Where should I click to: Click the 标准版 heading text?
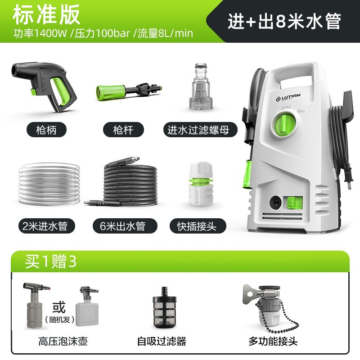click(x=46, y=14)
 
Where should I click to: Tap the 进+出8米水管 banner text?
click(x=284, y=21)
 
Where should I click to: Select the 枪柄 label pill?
click(x=46, y=130)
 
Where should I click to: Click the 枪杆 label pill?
click(x=123, y=130)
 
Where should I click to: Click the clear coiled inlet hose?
click(x=49, y=184)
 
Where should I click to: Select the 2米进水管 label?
click(x=47, y=226)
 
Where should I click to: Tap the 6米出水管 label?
click(x=125, y=226)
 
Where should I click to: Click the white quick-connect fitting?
click(x=201, y=183)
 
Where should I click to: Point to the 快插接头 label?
click(x=198, y=226)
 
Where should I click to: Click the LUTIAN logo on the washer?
click(x=288, y=97)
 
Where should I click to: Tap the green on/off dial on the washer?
click(x=284, y=126)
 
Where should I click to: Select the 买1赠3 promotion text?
click(x=50, y=261)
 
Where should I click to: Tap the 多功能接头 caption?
click(x=273, y=341)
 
